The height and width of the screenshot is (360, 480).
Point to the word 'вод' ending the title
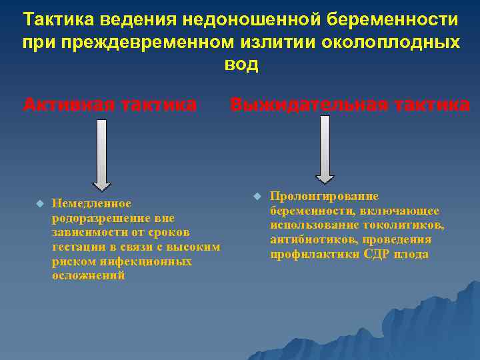pyautogui.click(x=241, y=65)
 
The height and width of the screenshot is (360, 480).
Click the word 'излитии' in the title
pyautogui.click(x=284, y=42)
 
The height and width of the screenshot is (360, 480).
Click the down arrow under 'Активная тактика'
pyautogui.click(x=101, y=155)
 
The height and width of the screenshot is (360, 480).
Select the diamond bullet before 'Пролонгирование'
pyautogui.click(x=257, y=196)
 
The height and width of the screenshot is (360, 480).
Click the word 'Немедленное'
pyautogui.click(x=91, y=203)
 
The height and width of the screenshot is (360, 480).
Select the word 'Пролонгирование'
pyautogui.click(x=324, y=197)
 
